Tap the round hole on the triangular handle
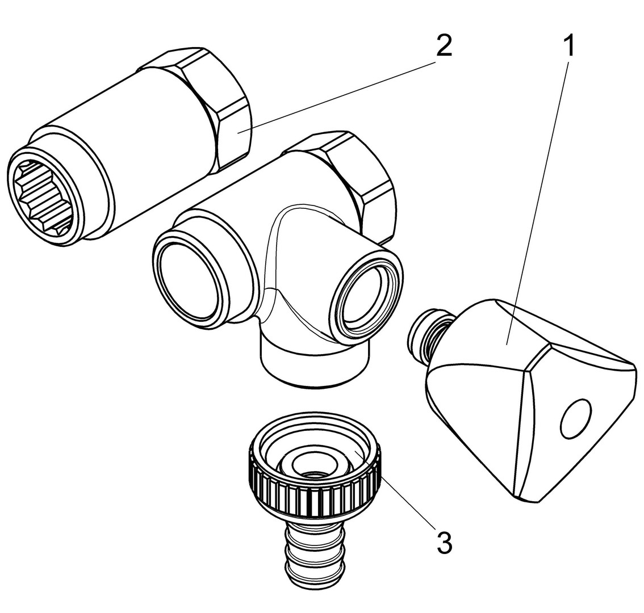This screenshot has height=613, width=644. point(576,418)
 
